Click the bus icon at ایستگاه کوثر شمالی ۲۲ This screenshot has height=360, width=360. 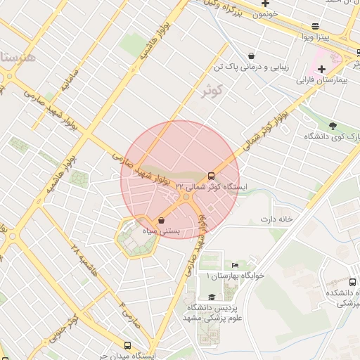[211, 176]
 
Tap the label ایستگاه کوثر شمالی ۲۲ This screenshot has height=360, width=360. [217, 187]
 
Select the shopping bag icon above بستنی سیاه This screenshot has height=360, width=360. [162, 219]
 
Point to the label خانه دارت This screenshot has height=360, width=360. [276, 219]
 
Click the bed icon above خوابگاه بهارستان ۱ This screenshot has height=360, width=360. [235, 265]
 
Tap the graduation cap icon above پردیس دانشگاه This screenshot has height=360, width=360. [212, 297]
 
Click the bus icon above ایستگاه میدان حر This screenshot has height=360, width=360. [127, 345]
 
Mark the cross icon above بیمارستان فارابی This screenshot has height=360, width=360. [321, 69]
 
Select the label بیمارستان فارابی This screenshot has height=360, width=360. [322, 81]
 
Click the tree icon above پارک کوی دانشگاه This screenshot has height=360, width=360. [333, 126]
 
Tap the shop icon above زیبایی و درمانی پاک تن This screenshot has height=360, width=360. [251, 56]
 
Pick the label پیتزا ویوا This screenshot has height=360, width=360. [315, 36]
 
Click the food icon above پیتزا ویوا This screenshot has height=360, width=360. [315, 25]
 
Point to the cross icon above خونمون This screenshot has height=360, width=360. [265, 3]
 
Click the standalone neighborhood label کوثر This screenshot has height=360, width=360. [211, 91]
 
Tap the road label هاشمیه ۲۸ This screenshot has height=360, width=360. [83, 262]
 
